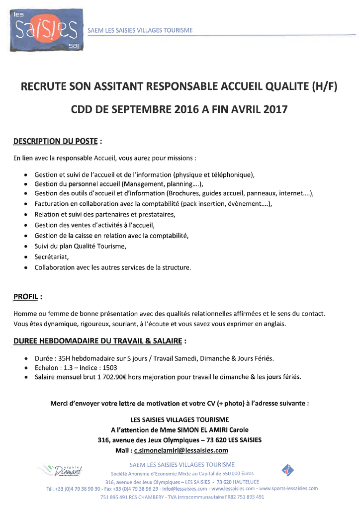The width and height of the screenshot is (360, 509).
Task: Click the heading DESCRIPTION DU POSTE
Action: click(x=55, y=141)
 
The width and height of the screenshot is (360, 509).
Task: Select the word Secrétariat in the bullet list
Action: click(x=51, y=256)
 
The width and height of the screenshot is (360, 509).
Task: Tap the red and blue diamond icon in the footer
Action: click(x=288, y=469)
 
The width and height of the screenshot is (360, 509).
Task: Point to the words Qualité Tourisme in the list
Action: click(x=104, y=246)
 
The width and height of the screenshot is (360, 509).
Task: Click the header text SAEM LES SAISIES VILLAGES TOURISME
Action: click(x=140, y=30)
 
